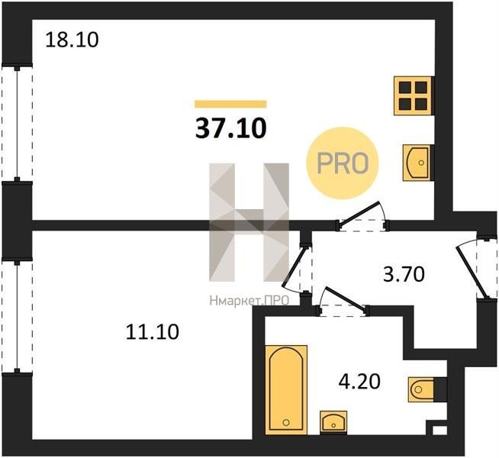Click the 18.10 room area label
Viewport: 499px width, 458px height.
[72, 40]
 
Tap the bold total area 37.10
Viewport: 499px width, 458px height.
[230, 128]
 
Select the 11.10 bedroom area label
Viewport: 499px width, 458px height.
[153, 331]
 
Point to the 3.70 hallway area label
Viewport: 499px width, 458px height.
[404, 274]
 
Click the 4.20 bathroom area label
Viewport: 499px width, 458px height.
[359, 382]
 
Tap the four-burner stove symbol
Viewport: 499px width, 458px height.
[414, 96]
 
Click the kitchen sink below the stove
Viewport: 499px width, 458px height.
[417, 163]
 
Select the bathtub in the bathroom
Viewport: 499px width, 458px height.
[286, 389]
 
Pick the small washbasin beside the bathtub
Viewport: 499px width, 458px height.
[333, 421]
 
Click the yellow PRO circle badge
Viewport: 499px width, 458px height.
[343, 163]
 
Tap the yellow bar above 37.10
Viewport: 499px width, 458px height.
[230, 104]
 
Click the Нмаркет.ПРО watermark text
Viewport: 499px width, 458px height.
[250, 301]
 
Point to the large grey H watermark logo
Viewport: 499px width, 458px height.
[250, 222]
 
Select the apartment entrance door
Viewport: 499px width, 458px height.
[477, 268]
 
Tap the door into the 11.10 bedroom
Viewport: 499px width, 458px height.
[298, 269]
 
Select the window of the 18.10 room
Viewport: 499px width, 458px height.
[18, 124]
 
